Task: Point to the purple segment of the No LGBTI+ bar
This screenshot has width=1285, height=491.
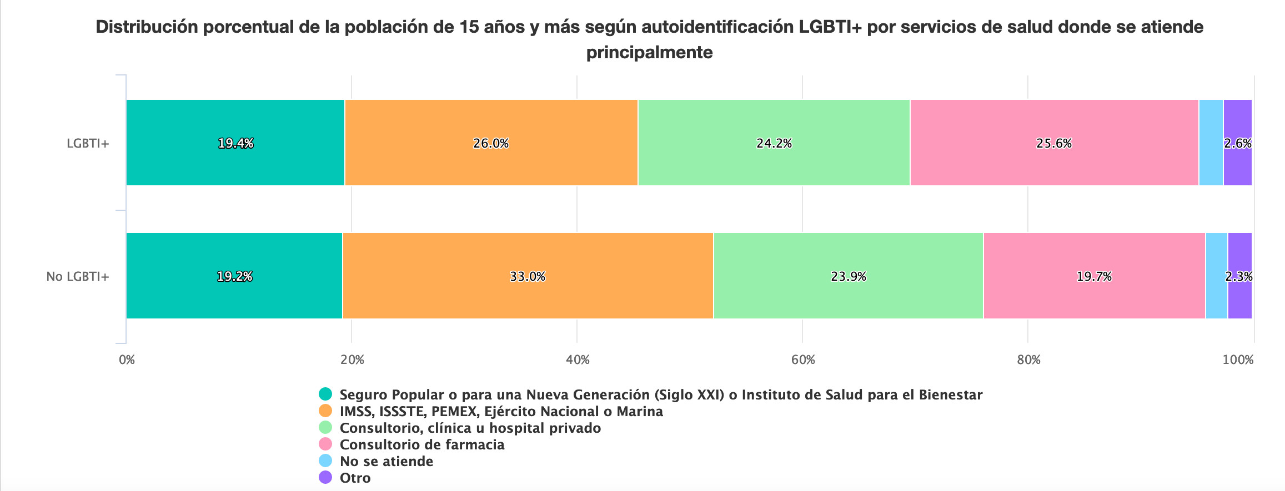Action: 1240,300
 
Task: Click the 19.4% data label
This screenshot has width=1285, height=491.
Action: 235,144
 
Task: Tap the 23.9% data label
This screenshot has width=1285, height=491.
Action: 848,276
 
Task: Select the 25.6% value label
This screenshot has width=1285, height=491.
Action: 1053,144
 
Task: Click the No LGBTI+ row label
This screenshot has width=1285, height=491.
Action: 78,276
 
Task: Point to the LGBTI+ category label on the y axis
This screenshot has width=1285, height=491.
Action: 88,143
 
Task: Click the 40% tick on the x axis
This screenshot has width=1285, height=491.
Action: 578,360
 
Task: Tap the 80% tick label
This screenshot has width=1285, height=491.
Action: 1028,360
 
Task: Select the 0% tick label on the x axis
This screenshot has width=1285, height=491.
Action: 127,360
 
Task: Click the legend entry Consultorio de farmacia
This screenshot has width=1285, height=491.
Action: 421,444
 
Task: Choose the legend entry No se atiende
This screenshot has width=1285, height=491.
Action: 386,461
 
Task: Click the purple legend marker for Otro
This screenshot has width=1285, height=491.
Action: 325,477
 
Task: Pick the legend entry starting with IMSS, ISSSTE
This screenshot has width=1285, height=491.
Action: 501,411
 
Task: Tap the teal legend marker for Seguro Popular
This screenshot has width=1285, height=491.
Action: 325,394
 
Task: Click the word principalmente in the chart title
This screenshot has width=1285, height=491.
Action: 649,52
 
